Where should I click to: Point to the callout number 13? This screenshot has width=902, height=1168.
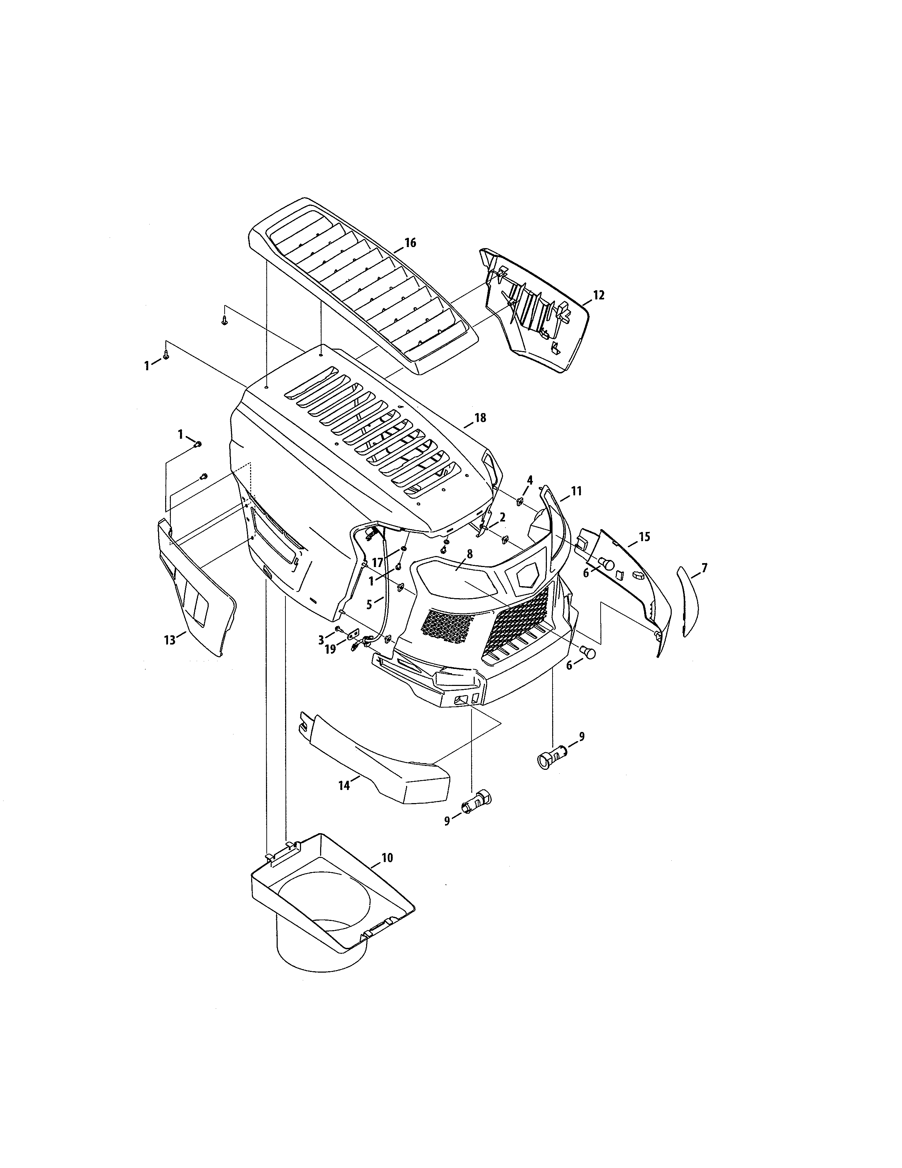coord(169,640)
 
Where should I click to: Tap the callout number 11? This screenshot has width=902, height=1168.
coord(576,491)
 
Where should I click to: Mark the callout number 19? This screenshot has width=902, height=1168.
coord(330,649)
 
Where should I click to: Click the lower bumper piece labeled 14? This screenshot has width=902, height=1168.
coord(385,775)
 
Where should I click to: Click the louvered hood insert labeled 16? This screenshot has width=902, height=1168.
coord(363,289)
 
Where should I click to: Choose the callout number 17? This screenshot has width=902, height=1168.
coord(377,563)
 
